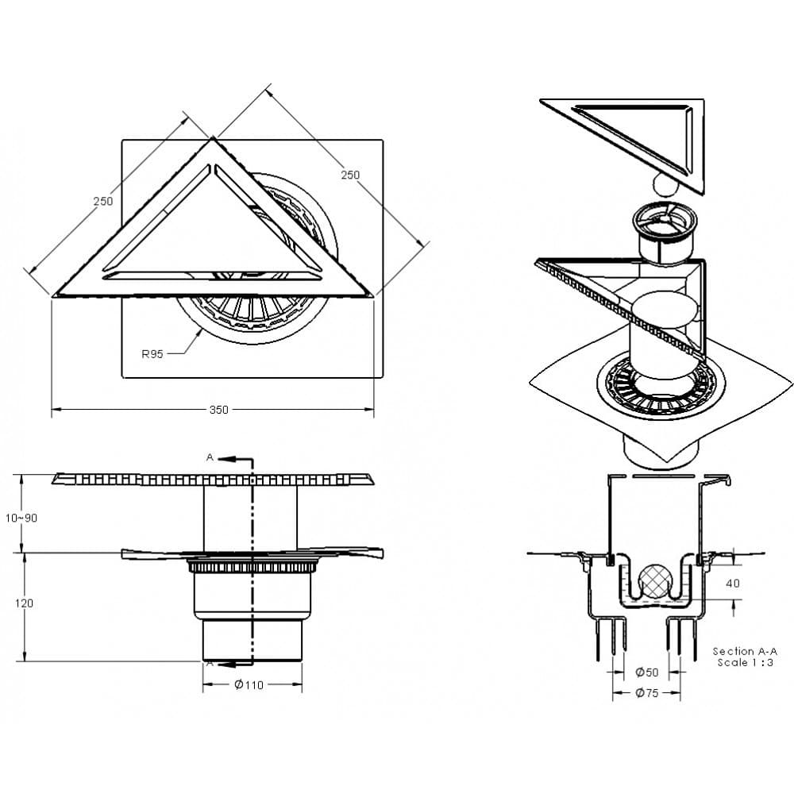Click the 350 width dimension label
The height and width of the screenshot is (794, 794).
click(x=219, y=410)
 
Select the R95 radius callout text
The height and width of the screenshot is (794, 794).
click(x=152, y=354)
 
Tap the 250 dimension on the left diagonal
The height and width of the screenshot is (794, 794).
click(x=102, y=201)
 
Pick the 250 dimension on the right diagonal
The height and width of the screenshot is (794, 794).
click(x=350, y=175)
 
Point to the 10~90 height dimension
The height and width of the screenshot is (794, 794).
click(x=21, y=518)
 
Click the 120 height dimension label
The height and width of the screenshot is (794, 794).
click(x=24, y=603)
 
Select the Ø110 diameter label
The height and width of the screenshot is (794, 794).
click(x=249, y=685)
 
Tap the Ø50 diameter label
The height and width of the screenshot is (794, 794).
click(x=646, y=673)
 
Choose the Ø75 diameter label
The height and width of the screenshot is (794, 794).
click(x=646, y=692)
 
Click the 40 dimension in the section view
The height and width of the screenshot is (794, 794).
click(x=733, y=584)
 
